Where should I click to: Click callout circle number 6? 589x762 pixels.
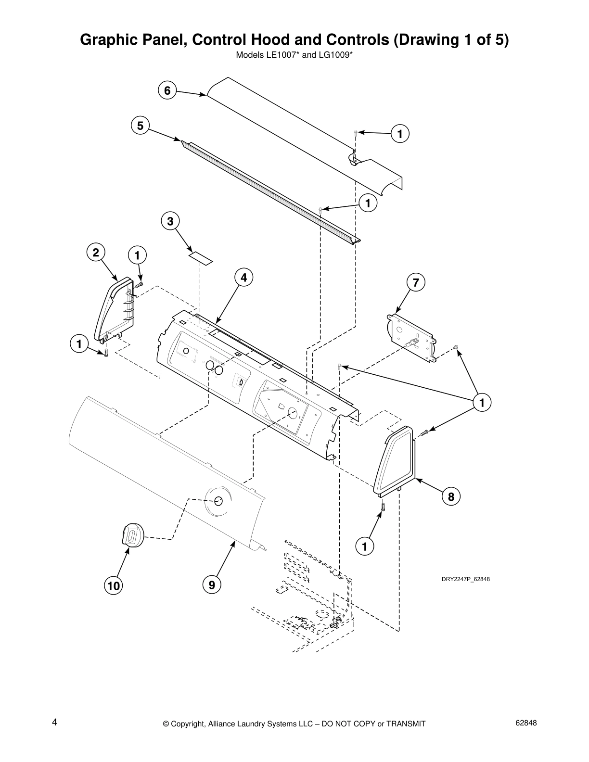point(167,90)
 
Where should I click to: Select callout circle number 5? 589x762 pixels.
point(140,126)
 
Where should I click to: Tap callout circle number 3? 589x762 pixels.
point(170,221)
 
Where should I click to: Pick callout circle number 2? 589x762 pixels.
point(96,253)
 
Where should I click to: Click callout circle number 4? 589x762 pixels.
point(243,278)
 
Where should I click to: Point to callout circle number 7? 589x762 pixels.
point(416,282)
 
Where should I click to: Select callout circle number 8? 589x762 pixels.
point(451,496)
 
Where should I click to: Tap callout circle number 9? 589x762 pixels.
point(212,585)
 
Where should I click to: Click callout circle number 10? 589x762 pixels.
point(114,585)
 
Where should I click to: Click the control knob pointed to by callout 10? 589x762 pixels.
point(131,535)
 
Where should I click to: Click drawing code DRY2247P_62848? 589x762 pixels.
point(465,579)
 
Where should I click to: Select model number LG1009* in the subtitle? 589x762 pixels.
point(335,55)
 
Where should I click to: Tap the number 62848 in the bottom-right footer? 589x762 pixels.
point(525,723)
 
